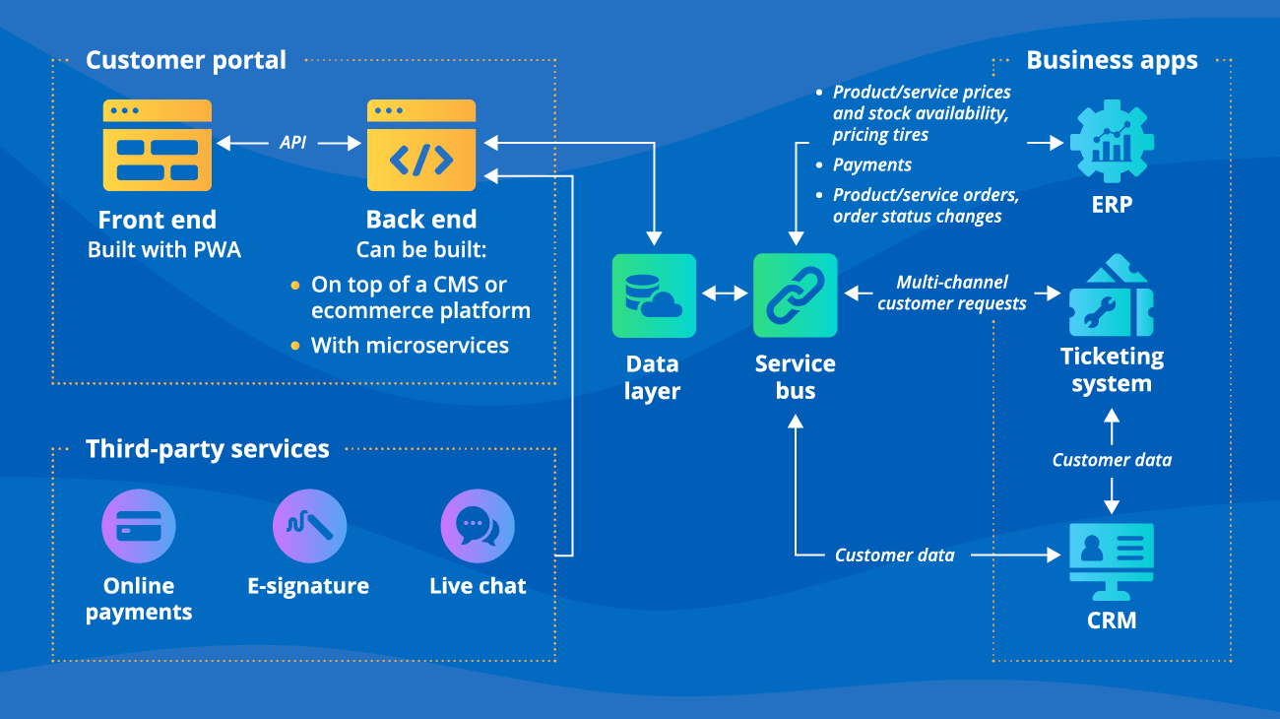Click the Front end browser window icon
tap(158, 146)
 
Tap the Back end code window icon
tap(421, 146)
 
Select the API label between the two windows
tap(292, 143)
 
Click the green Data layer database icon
tap(654, 295)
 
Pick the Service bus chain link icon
tap(796, 295)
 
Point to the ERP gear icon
tap(1112, 143)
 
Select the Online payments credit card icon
tap(139, 527)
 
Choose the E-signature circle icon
tap(309, 527)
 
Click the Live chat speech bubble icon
tap(478, 527)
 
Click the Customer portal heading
tap(186, 60)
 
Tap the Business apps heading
tap(1112, 60)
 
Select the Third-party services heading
tap(207, 449)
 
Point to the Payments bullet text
tap(871, 164)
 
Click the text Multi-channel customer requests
tap(951, 294)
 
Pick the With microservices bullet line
tap(410, 346)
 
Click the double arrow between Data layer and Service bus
tap(725, 294)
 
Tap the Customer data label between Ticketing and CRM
tap(1112, 460)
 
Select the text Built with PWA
tap(164, 250)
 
